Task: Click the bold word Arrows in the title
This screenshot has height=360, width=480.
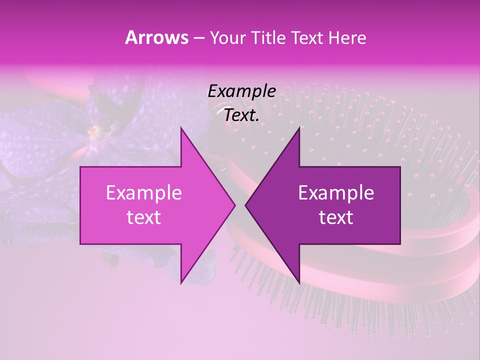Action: click(156, 37)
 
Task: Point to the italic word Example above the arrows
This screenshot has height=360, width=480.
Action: click(242, 91)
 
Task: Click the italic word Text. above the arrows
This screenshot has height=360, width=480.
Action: click(242, 115)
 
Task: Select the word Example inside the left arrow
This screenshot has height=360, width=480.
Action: click(144, 193)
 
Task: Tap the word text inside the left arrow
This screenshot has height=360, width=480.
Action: click(144, 217)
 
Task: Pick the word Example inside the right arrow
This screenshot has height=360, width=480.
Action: click(336, 193)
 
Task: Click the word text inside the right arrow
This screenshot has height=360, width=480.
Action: click(336, 217)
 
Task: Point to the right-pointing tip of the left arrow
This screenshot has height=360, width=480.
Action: click(235, 205)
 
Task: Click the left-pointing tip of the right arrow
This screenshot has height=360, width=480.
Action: click(245, 205)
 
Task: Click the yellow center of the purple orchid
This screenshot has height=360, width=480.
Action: click(93, 132)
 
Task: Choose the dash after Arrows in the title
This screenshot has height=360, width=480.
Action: click(198, 38)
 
